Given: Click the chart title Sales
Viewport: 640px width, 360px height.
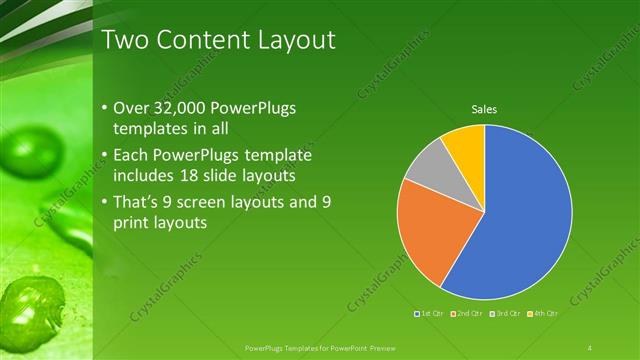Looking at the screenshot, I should coord(484,109).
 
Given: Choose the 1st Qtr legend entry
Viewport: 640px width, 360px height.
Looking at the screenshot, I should coord(431,314).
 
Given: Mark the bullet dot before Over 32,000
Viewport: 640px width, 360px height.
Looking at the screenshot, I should coord(107,108).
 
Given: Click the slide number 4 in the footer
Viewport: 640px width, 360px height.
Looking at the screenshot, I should coord(590,347).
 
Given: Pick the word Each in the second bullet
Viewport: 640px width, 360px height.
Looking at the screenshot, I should coord(137,155).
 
